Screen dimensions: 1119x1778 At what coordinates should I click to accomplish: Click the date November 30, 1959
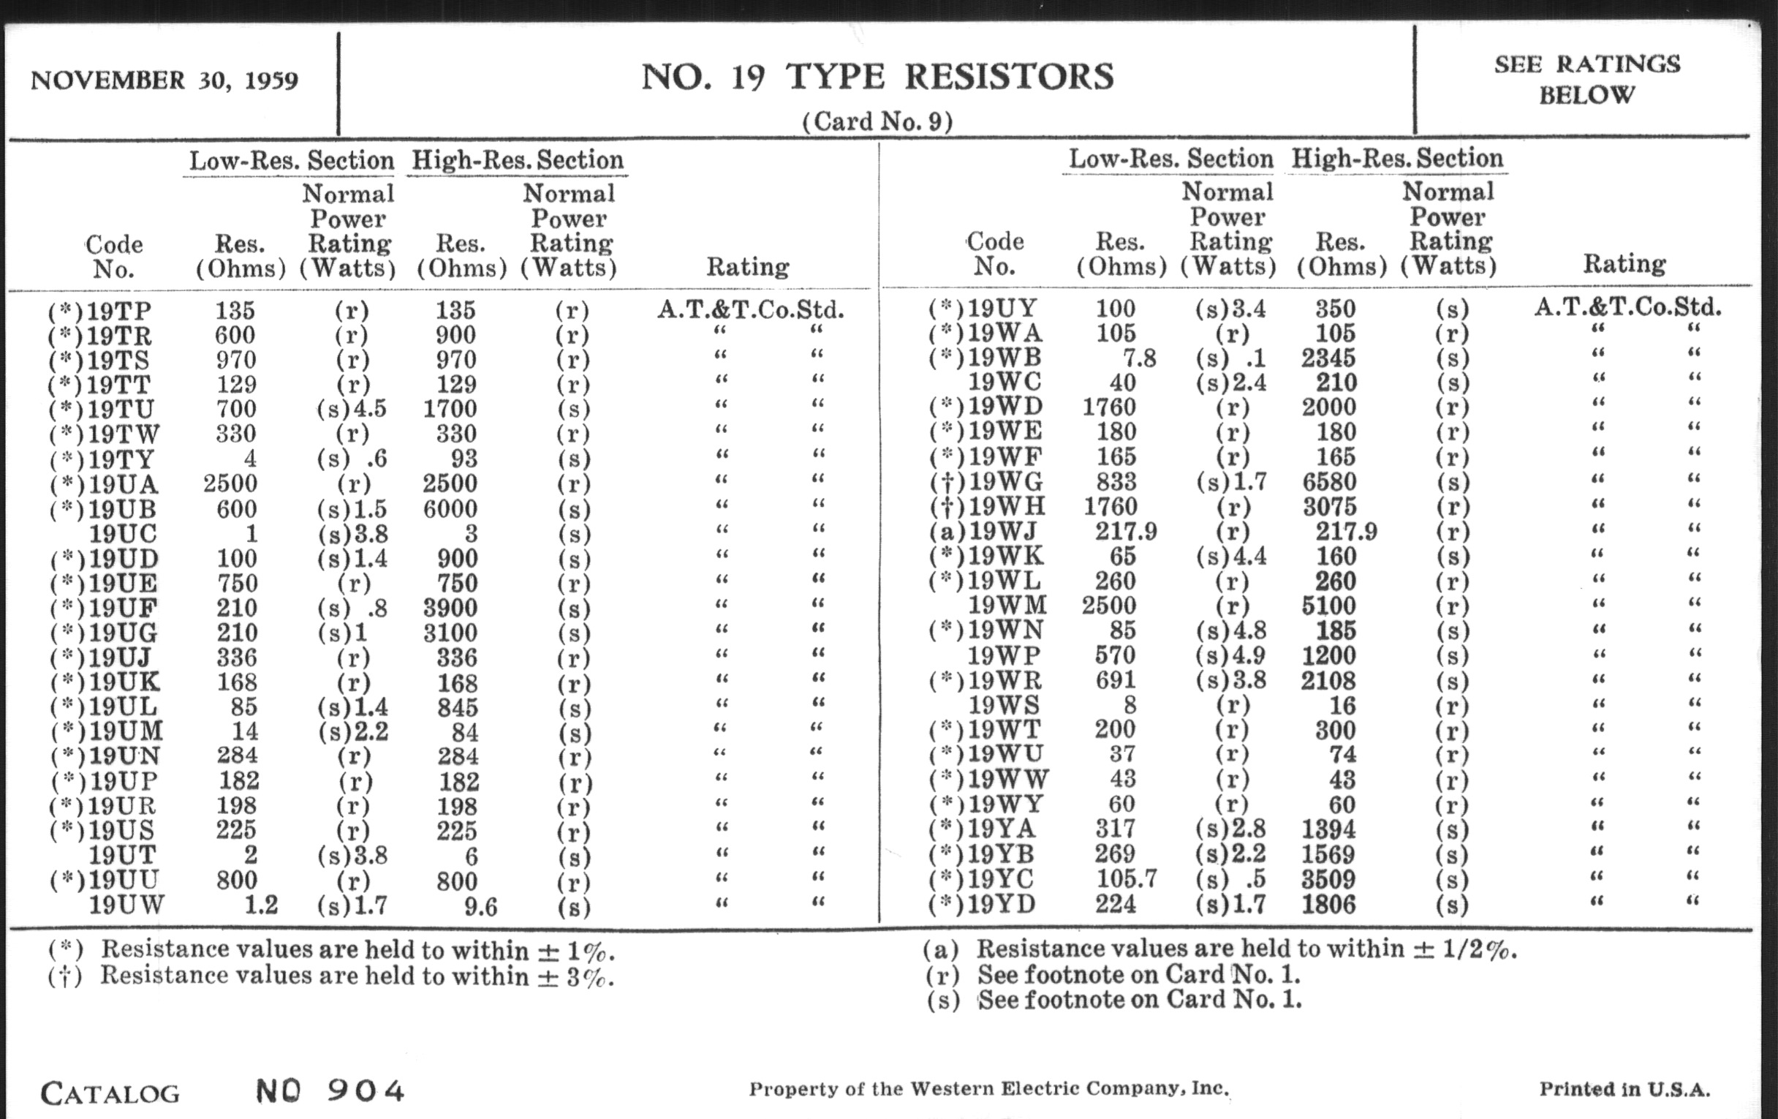(x=164, y=80)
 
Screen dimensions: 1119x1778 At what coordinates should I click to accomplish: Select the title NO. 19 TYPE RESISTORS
(x=877, y=78)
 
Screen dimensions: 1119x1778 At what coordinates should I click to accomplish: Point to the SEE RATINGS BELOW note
(x=1586, y=80)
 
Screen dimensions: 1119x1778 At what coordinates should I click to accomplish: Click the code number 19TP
(x=118, y=312)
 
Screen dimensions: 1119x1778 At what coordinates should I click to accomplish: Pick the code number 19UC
(x=123, y=534)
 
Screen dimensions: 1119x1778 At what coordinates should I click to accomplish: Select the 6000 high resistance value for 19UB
(x=450, y=509)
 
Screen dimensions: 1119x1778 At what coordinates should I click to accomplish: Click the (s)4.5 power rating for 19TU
(x=352, y=409)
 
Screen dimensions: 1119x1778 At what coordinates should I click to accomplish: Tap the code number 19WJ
(x=1002, y=531)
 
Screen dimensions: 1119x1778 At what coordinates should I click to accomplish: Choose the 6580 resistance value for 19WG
(x=1328, y=481)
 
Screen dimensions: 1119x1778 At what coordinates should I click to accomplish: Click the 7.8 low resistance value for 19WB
(x=1138, y=358)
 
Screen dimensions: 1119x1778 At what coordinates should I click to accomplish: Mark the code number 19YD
(x=1002, y=903)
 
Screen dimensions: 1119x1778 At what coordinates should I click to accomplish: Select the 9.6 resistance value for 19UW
(x=480, y=906)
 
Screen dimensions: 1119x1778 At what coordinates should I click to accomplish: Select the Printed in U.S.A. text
(x=1624, y=1090)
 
